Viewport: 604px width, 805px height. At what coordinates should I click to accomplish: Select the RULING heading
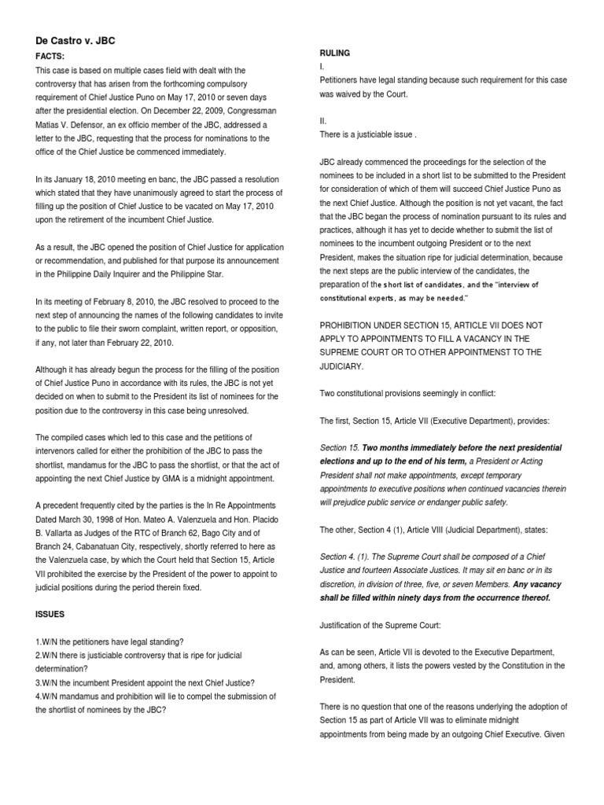pyautogui.click(x=334, y=53)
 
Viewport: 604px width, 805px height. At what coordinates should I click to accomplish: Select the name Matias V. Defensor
pyautogui.click(x=72, y=125)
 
